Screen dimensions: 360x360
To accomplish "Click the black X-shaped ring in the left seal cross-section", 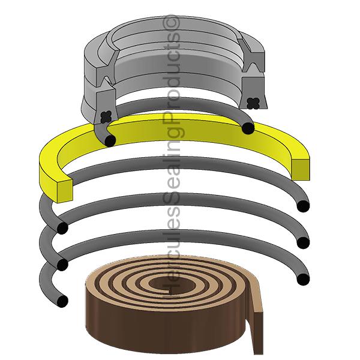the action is coord(106,117).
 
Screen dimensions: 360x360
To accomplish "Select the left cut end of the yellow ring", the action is coord(65,191).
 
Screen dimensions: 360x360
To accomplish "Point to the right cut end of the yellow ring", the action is coord(301,169).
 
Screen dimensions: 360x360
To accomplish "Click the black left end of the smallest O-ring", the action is coord(110,140).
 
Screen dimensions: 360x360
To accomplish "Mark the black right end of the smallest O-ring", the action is coord(248,128).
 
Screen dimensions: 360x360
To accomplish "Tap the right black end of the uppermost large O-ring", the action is coord(303,206).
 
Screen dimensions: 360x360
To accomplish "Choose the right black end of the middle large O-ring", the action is coord(303,243).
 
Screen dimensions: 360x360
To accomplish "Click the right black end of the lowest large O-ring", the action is coord(303,280).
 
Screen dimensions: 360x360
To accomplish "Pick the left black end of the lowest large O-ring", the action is coord(62,301).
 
